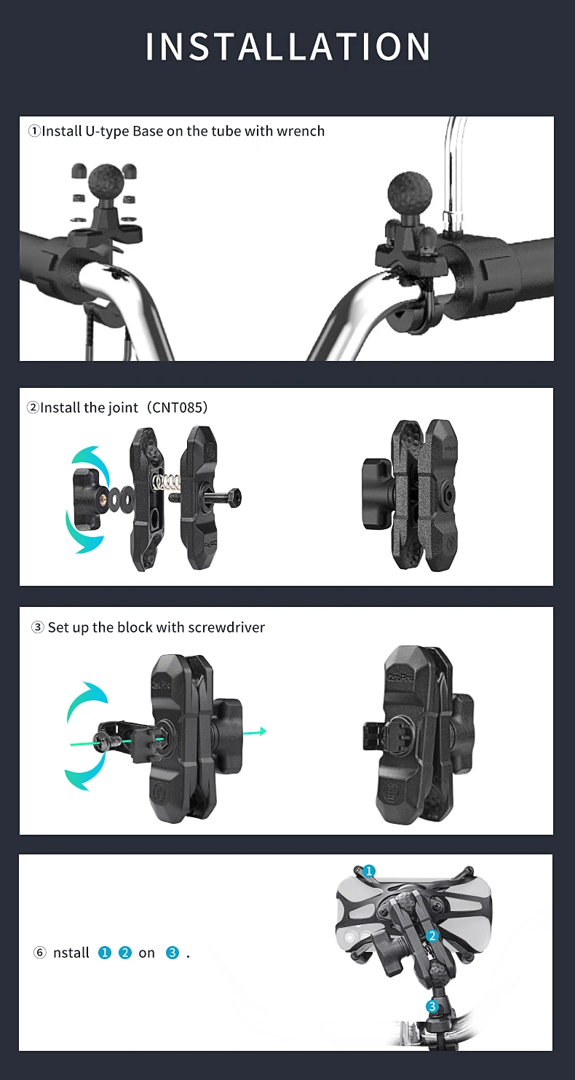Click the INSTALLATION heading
pos(288,47)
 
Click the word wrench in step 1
pos(301,131)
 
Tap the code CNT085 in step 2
pos(177,408)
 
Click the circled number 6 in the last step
pos(39,952)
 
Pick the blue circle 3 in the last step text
pos(172,952)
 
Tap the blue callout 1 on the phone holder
pos(368,870)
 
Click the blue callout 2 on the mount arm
pos(432,936)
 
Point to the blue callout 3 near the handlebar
pos(432,1006)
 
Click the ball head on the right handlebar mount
pos(410,191)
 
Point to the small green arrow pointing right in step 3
pos(255,731)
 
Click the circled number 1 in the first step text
pos(34,131)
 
